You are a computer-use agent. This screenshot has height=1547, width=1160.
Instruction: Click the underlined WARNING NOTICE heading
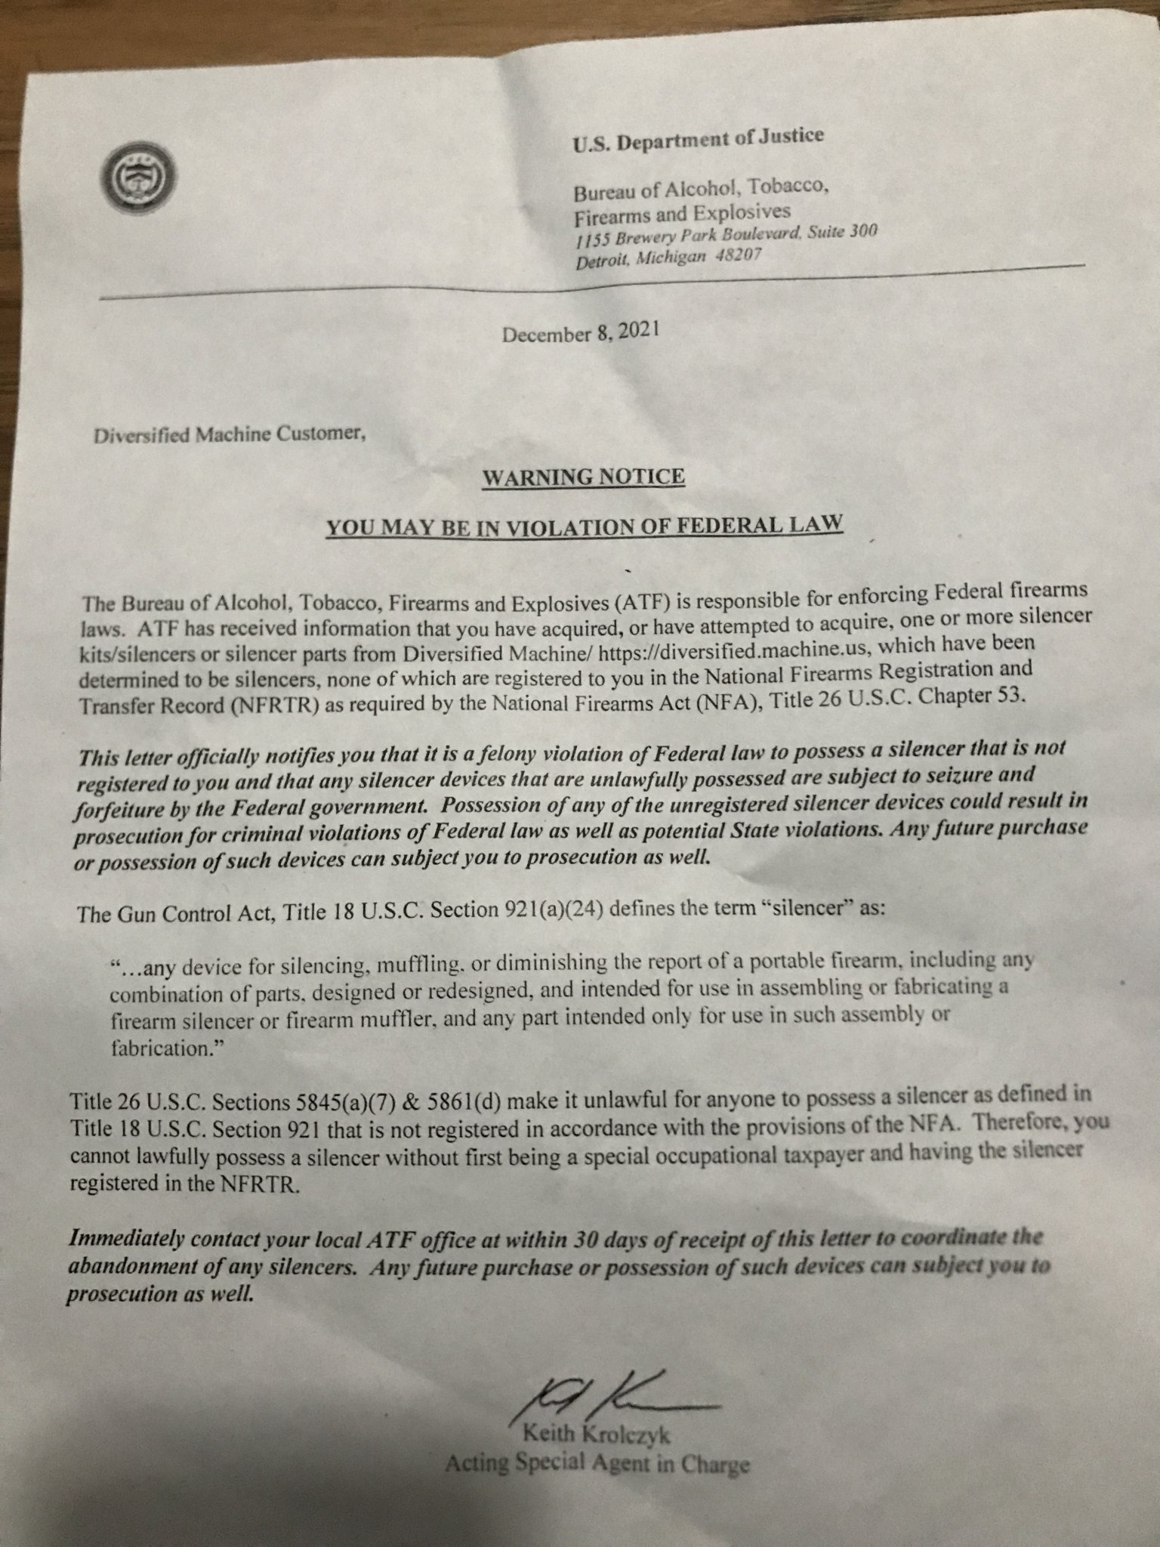(x=583, y=477)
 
